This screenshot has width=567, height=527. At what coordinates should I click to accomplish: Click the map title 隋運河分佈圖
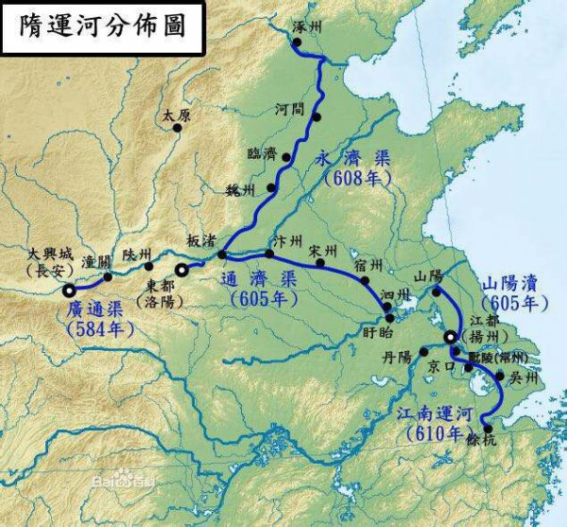(103, 26)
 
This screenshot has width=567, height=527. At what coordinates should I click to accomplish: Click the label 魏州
(241, 189)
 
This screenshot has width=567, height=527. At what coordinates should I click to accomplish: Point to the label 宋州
(324, 250)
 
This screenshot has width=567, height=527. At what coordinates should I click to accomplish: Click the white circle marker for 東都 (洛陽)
(181, 269)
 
